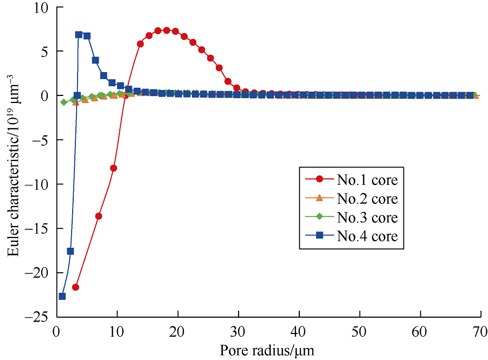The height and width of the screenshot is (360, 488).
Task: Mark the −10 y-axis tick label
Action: (x=37, y=184)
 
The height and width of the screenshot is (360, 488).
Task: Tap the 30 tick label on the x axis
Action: (x=237, y=330)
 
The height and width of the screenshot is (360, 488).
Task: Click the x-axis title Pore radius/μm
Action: (x=267, y=350)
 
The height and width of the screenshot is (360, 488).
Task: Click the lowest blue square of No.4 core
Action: (x=62, y=297)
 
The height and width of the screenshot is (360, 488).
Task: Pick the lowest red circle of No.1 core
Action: (x=75, y=287)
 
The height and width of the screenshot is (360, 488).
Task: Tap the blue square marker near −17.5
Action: (x=70, y=251)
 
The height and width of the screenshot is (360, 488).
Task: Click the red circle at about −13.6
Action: (x=99, y=216)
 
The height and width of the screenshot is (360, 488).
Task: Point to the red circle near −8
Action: (x=113, y=168)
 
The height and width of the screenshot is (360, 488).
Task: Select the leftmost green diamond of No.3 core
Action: (x=64, y=102)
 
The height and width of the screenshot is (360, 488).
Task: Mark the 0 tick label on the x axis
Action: (x=56, y=330)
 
